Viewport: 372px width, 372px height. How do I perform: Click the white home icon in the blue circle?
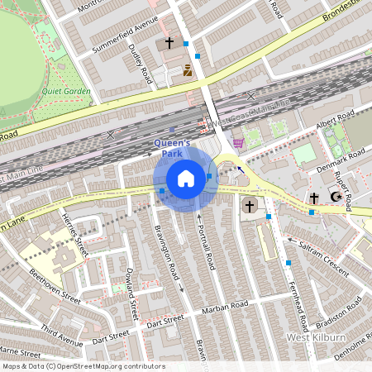pos(186,179)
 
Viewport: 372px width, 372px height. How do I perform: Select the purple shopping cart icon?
pos(238,142)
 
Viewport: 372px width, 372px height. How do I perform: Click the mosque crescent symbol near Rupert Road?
pos(336,197)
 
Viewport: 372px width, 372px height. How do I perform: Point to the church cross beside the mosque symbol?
pos(314,198)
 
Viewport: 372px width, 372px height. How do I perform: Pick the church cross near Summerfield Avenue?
pos(169,41)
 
